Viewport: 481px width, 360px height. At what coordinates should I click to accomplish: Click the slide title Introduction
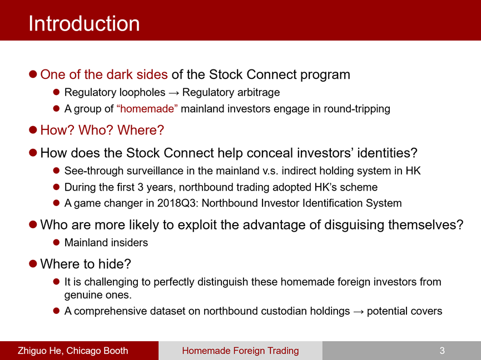[x=84, y=23]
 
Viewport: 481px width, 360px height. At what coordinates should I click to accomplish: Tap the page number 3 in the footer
[x=442, y=351]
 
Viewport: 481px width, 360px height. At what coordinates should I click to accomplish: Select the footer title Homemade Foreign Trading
[x=240, y=351]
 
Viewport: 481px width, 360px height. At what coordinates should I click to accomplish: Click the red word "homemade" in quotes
[x=147, y=109]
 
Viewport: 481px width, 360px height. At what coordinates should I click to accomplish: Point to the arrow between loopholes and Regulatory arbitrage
[x=173, y=93]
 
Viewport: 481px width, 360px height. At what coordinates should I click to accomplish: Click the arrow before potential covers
[x=358, y=312]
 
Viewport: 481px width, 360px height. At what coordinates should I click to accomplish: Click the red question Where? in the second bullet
[x=141, y=130]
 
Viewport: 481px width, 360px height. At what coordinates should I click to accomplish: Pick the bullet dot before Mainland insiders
[x=56, y=242]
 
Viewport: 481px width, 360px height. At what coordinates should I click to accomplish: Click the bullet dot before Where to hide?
[x=33, y=263]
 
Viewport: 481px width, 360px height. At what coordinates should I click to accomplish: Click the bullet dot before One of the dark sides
[x=33, y=74]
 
